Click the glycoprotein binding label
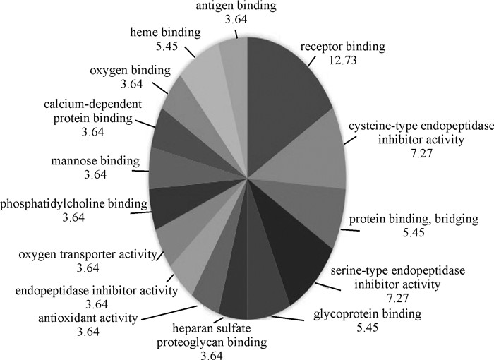(x=359, y=313)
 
